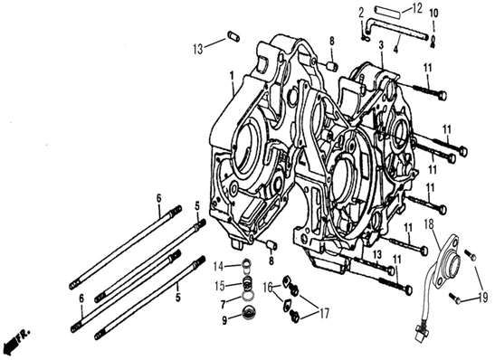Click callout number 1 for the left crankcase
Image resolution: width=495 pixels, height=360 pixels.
click(x=232, y=76)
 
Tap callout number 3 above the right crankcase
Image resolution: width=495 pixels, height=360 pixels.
click(x=381, y=45)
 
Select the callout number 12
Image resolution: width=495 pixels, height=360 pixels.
click(x=416, y=8)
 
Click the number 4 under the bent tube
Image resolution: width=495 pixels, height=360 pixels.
click(x=395, y=49)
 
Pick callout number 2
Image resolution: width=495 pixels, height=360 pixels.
click(x=361, y=12)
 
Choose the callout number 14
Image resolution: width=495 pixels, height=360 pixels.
click(x=218, y=267)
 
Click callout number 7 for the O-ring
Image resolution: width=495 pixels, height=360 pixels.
click(x=224, y=304)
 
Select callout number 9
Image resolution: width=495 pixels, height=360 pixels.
click(x=224, y=320)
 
